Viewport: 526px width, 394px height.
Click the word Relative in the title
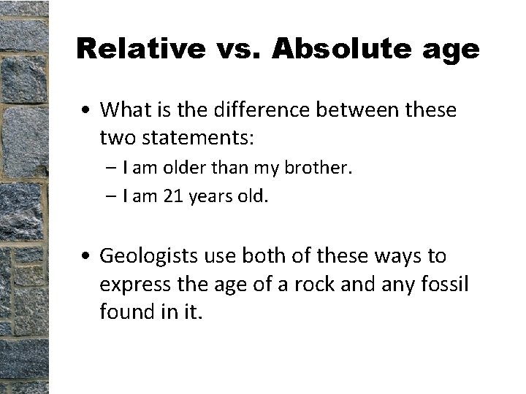(138, 49)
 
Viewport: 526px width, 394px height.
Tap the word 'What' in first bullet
(125, 110)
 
